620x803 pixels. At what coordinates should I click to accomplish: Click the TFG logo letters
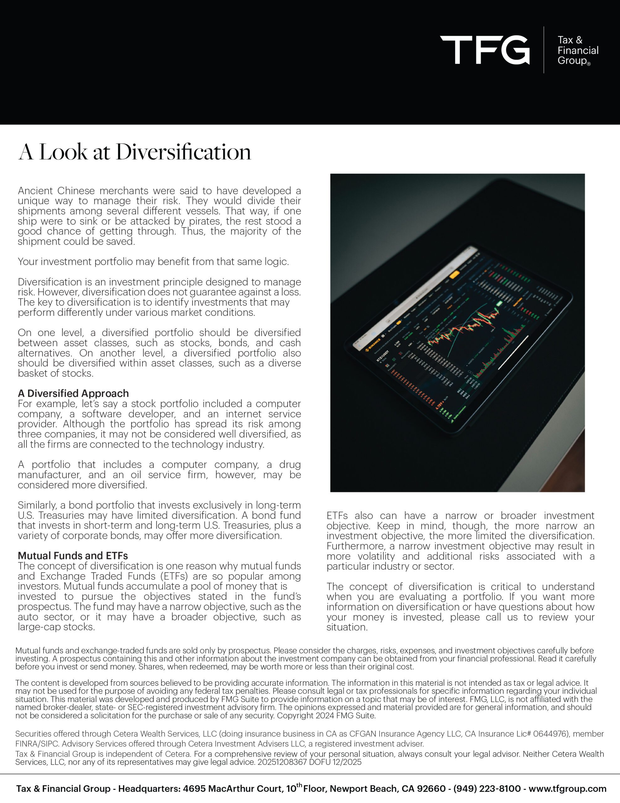point(484,50)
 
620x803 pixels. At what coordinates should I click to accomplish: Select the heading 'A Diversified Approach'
point(73,393)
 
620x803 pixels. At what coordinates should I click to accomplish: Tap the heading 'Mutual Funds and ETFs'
point(73,556)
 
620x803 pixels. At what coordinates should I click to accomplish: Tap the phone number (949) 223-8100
point(487,789)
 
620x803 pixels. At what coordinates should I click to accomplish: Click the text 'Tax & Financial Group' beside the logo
point(577,51)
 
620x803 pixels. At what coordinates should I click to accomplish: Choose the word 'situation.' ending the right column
point(347,627)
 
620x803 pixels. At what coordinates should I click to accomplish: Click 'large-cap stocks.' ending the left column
point(56,626)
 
